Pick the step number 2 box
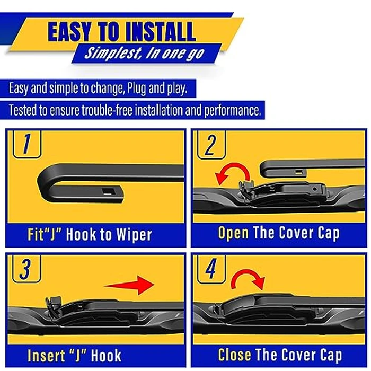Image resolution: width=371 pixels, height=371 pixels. coord(211,144)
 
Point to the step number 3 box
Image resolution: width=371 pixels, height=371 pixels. coord(24,270)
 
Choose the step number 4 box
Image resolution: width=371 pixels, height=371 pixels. coord(211,270)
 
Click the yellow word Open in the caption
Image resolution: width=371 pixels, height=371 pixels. coord(234,233)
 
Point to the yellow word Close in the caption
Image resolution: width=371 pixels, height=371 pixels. coord(235,355)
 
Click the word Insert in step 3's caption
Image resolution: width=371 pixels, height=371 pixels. coord(45,355)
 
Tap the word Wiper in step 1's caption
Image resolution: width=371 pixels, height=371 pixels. coord(132,234)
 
